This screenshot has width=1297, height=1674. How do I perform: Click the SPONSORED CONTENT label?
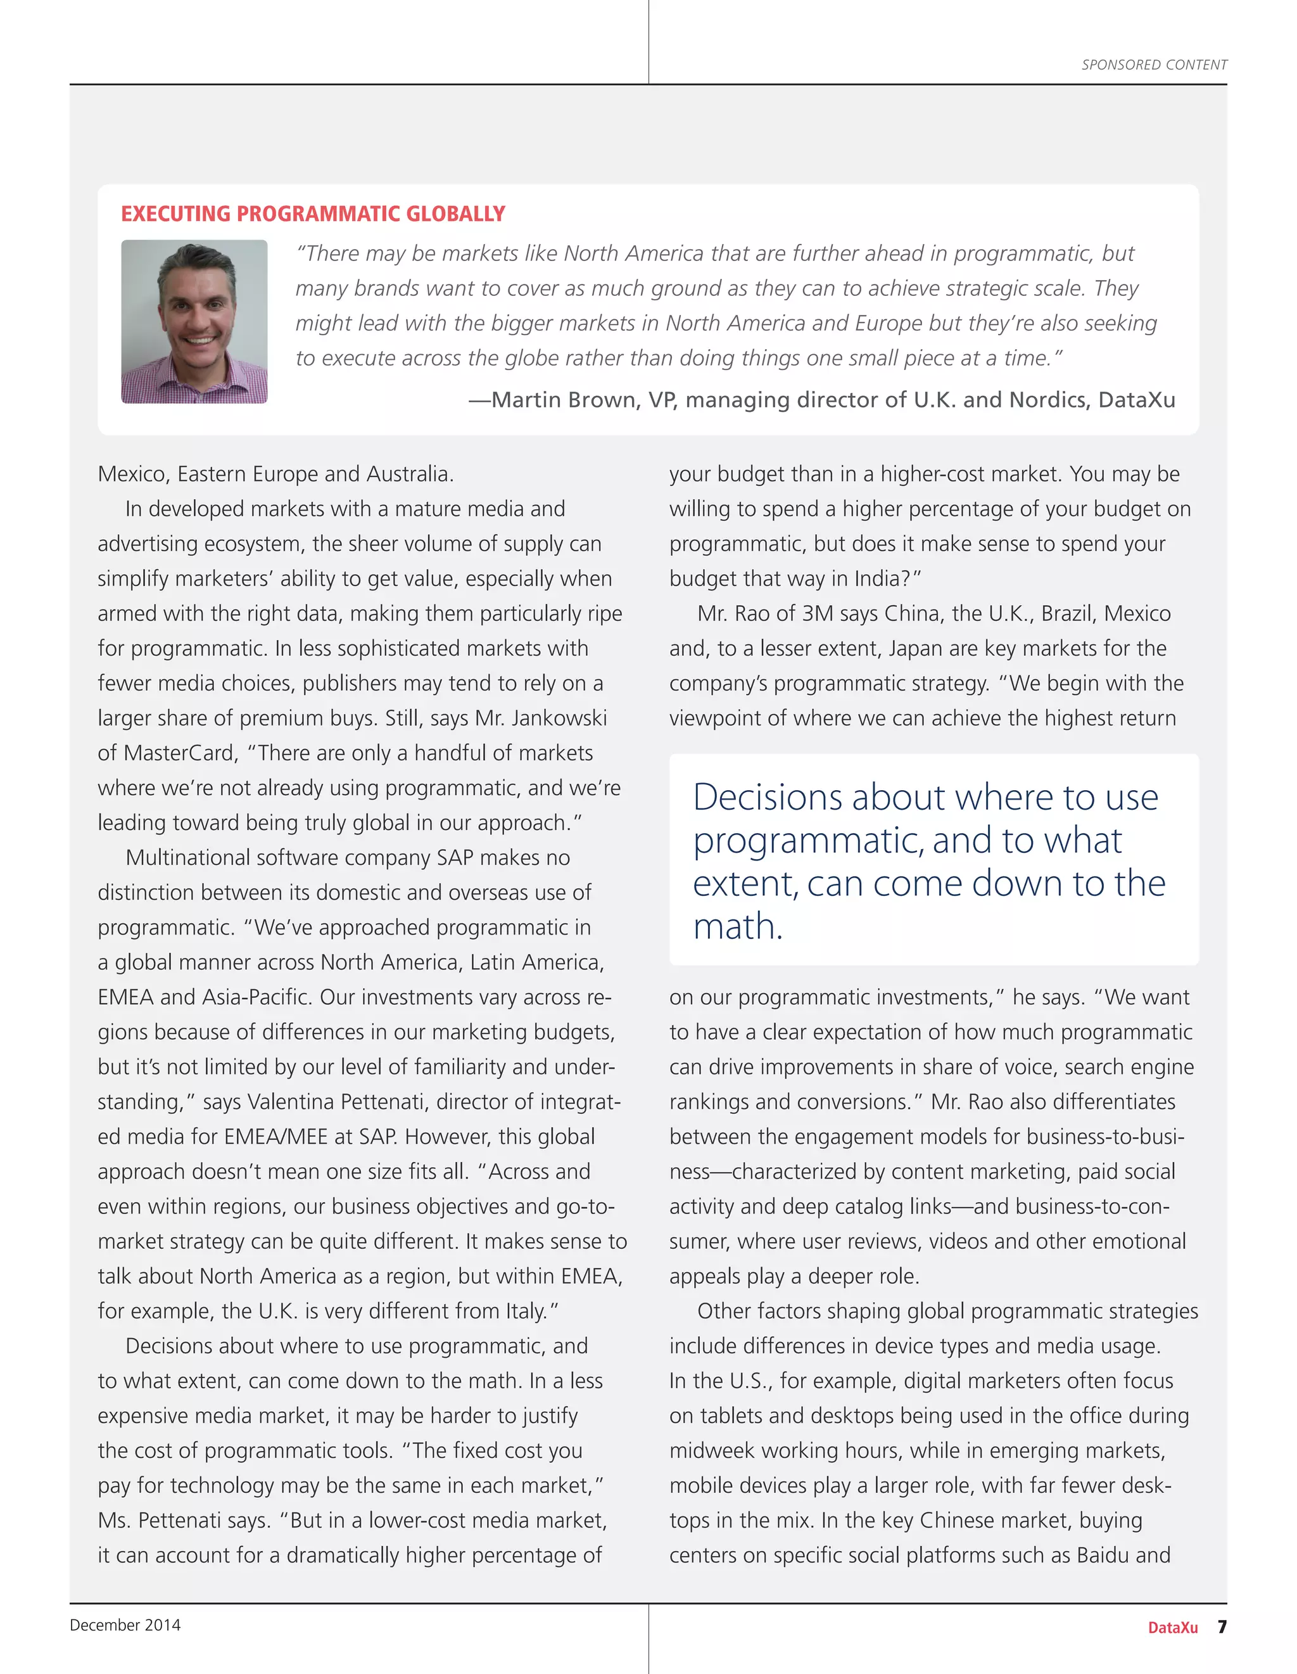(1154, 65)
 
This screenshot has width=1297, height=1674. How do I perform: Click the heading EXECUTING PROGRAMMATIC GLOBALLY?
(313, 214)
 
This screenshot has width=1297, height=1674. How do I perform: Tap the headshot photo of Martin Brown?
(194, 321)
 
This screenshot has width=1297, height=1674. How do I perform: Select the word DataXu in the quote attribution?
(1136, 400)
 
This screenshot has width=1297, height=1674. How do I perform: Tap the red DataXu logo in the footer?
(1172, 1627)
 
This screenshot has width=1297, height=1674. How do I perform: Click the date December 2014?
(125, 1625)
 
